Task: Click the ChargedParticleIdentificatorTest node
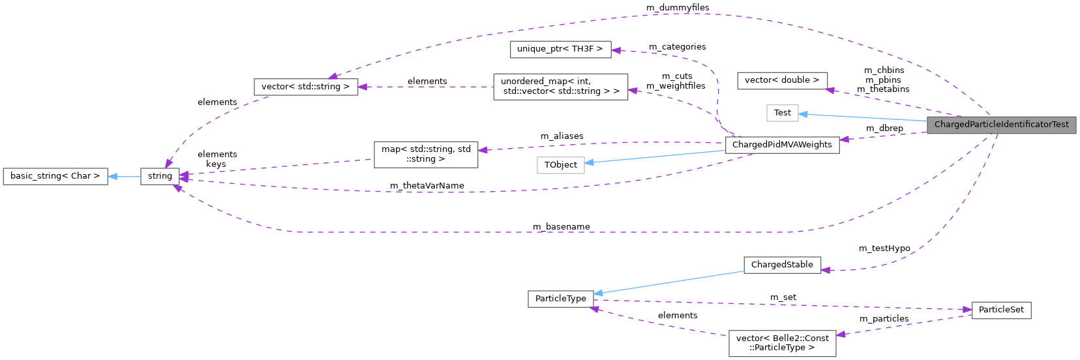(1001, 124)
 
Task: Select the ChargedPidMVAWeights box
(782, 145)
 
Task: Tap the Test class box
(782, 113)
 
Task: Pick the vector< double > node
(782, 80)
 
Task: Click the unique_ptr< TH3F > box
(560, 49)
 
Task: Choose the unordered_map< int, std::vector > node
(560, 86)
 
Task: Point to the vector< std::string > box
(305, 86)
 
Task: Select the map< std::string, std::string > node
(426, 154)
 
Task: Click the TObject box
(560, 165)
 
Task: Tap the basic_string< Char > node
(55, 176)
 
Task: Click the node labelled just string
(160, 176)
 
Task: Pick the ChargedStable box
(782, 265)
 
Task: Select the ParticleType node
(560, 299)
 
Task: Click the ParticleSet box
(1001, 310)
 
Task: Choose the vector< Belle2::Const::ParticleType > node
(782, 343)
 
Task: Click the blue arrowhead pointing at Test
(804, 114)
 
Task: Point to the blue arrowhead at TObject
(590, 163)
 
